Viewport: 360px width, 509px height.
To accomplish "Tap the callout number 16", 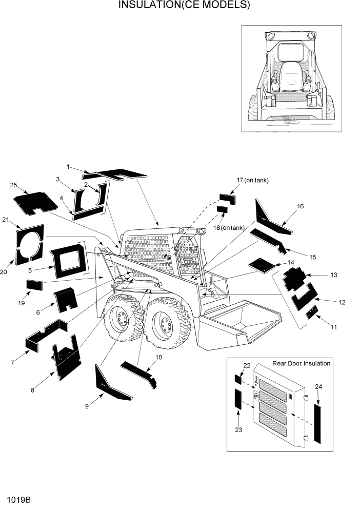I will [x=300, y=206].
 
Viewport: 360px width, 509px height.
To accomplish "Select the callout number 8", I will [x=33, y=390].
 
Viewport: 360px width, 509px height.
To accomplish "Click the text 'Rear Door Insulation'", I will [x=301, y=363].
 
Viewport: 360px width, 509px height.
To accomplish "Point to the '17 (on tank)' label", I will [x=252, y=180].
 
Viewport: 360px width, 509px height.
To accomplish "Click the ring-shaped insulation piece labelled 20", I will [x=29, y=245].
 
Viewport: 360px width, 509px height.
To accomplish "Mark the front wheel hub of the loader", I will [x=166, y=325].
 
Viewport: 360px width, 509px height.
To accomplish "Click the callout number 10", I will [x=158, y=357].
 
